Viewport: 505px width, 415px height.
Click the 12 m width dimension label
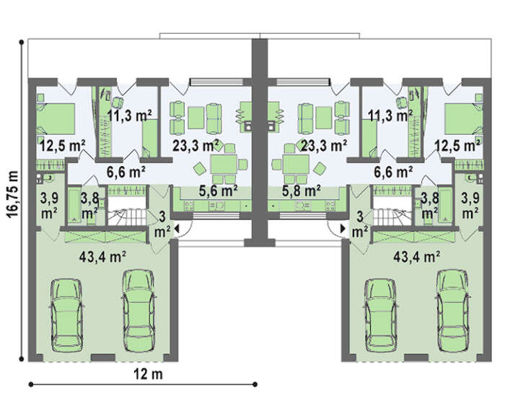[148, 374]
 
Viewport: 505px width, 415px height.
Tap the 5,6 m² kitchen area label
[219, 191]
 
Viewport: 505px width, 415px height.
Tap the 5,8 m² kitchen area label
[301, 191]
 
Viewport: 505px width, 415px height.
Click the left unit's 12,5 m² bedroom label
[63, 146]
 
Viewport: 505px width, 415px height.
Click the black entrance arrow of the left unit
[177, 229]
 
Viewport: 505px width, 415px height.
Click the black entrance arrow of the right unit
[343, 229]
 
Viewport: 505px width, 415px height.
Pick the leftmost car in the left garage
[67, 316]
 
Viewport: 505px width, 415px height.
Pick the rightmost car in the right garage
[452, 310]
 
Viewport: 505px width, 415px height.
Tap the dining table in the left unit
[224, 165]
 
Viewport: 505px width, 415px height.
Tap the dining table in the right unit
[296, 165]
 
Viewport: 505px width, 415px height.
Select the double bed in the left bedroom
[56, 118]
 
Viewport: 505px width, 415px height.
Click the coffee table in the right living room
[324, 118]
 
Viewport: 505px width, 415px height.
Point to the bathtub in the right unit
[446, 206]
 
